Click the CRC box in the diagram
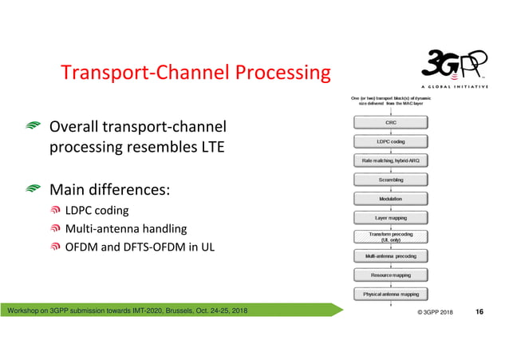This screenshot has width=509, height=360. tap(390, 122)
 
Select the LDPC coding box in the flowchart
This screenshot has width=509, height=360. tap(390, 141)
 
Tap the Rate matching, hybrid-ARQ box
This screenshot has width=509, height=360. tap(390, 160)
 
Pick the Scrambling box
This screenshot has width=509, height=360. tap(390, 180)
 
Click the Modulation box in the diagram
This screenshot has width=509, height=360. tap(390, 199)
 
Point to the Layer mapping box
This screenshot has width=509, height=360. tap(390, 217)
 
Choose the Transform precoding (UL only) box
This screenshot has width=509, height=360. tap(390, 236)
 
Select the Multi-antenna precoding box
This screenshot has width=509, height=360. tap(390, 256)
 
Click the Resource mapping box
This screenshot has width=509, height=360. tap(390, 275)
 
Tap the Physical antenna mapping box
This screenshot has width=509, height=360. tap(390, 294)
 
